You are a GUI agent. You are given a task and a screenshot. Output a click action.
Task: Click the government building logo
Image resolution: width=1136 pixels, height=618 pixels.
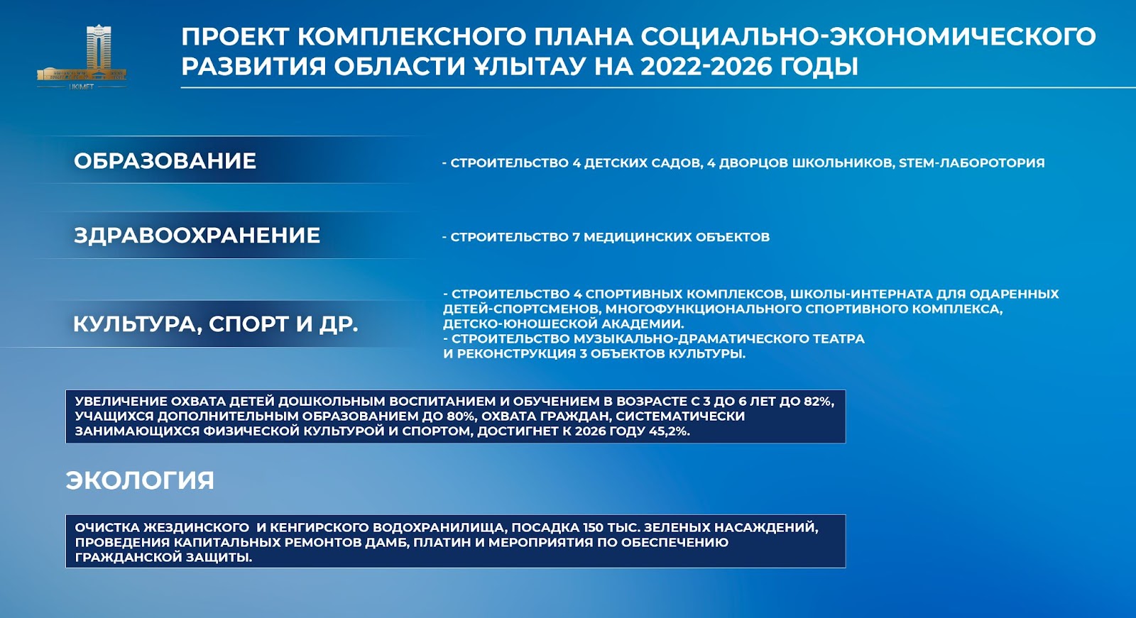pyautogui.click(x=81, y=53)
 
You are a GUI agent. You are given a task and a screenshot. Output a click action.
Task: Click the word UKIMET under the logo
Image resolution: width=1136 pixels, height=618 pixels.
pyautogui.click(x=81, y=87)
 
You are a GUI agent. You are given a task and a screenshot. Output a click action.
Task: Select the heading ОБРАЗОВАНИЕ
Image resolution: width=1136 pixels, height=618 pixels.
pyautogui.click(x=165, y=161)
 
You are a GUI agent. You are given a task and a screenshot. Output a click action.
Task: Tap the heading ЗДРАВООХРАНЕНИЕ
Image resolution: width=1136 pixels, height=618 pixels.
pyautogui.click(x=197, y=236)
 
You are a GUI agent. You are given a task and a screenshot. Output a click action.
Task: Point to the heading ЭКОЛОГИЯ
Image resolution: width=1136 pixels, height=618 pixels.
pyautogui.click(x=140, y=480)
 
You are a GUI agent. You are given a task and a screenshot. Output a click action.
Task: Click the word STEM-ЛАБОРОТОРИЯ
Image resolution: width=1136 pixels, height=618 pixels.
pyautogui.click(x=972, y=162)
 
